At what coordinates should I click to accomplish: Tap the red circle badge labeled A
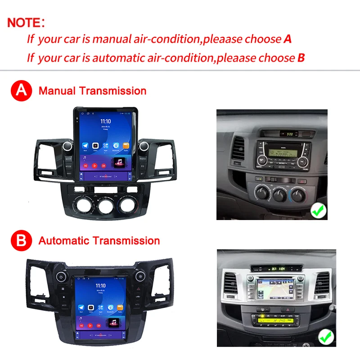(22, 90)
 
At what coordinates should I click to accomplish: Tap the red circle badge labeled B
(22, 240)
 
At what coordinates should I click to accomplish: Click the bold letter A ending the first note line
(288, 39)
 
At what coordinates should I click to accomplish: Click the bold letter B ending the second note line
(301, 58)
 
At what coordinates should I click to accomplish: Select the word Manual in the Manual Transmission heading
(57, 91)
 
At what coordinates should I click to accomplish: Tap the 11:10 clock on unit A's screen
(105, 121)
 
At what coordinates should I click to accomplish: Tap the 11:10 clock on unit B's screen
(100, 285)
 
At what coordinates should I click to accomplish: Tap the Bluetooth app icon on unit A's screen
(116, 146)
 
